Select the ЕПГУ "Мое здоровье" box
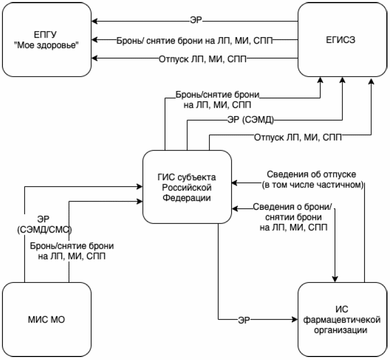pos(48,39)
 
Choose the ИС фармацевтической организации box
pos(342,319)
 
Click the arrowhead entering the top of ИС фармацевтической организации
pos(334,279)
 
